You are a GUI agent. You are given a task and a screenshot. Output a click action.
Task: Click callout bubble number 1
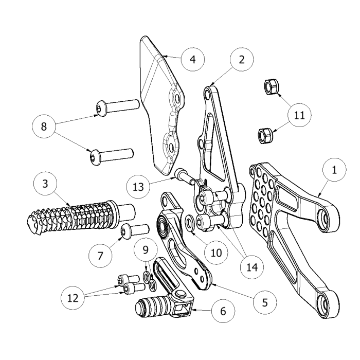click(335, 171)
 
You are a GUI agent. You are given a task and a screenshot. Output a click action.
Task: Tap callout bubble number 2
click(242, 59)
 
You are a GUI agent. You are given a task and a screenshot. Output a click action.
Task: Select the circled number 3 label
click(46, 184)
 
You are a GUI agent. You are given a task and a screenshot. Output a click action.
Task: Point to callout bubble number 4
click(192, 59)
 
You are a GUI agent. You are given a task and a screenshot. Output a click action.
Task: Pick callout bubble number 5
click(265, 302)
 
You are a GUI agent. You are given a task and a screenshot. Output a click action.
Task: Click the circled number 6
click(222, 311)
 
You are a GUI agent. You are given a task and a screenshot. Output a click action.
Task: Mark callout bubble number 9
click(146, 250)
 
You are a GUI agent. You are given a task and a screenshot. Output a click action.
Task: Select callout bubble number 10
click(215, 253)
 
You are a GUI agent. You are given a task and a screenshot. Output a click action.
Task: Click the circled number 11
click(299, 116)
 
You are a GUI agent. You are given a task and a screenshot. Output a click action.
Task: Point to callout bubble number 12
click(73, 297)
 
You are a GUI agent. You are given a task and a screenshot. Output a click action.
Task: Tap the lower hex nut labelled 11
click(265, 135)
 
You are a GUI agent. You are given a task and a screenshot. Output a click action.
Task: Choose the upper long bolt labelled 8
click(117, 106)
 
